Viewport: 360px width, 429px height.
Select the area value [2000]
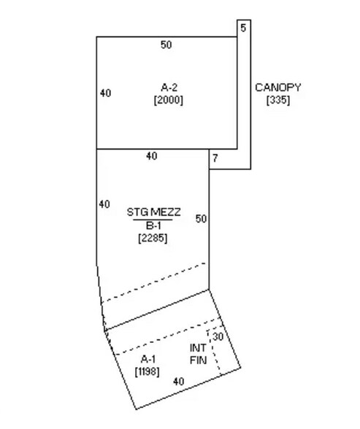168,99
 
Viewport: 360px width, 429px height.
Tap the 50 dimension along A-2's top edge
166,45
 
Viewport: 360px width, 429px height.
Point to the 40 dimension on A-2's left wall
105,93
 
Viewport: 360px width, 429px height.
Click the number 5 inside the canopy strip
243,28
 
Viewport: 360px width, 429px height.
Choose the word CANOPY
277,88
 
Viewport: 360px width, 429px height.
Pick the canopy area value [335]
278,100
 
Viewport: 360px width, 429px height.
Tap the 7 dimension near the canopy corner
215,158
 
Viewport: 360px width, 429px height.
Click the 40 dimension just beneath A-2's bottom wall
151,156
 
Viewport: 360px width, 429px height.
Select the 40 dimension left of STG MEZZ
104,204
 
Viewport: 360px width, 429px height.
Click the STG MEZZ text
153,212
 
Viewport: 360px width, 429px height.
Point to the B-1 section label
153,225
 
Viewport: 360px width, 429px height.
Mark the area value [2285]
153,237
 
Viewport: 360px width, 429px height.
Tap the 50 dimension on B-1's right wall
202,219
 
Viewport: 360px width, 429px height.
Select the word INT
198,348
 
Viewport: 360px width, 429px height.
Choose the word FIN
198,360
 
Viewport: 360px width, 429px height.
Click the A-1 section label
148,360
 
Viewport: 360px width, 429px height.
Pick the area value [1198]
148,372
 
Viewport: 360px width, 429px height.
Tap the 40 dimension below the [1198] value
179,381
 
